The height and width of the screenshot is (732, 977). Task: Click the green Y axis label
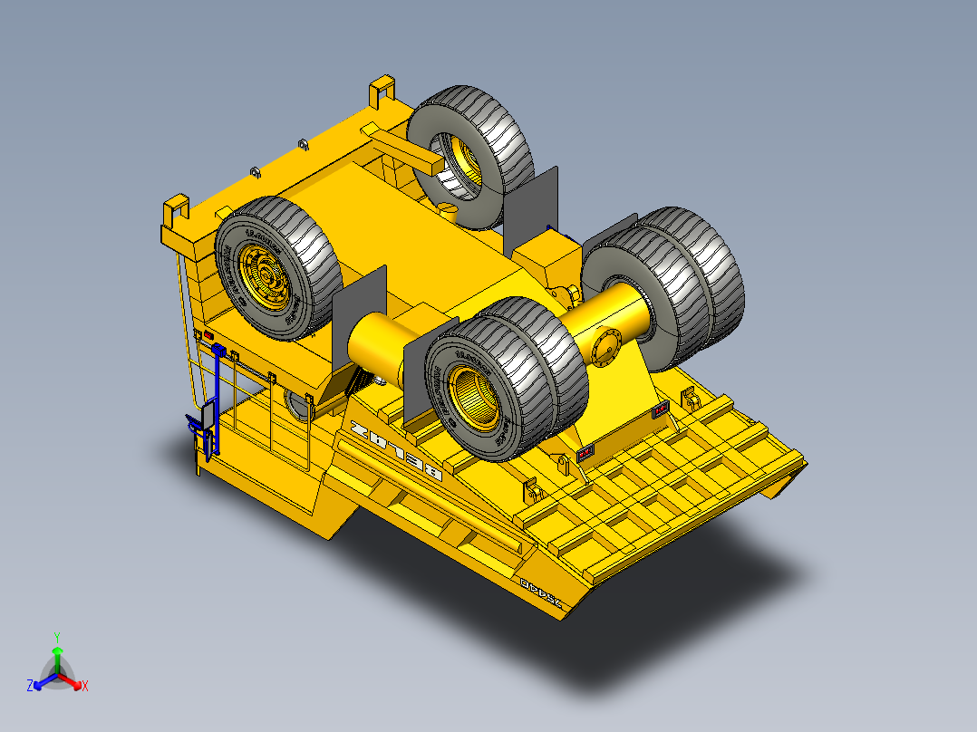[56, 637]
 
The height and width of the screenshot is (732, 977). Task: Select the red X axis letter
[85, 687]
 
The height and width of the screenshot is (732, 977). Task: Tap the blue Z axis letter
[30, 687]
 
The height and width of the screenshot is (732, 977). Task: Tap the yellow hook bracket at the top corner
[383, 91]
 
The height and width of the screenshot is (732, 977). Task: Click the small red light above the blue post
[208, 337]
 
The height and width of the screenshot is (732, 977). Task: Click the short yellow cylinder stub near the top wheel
[448, 209]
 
